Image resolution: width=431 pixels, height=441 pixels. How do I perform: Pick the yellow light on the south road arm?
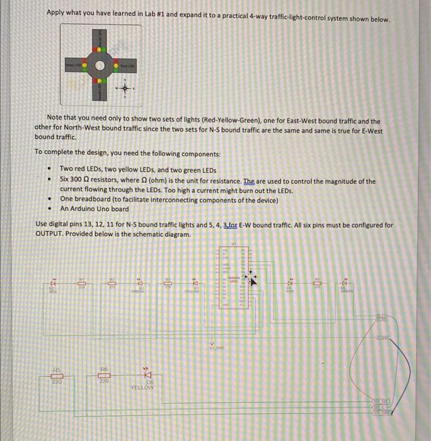98,80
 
